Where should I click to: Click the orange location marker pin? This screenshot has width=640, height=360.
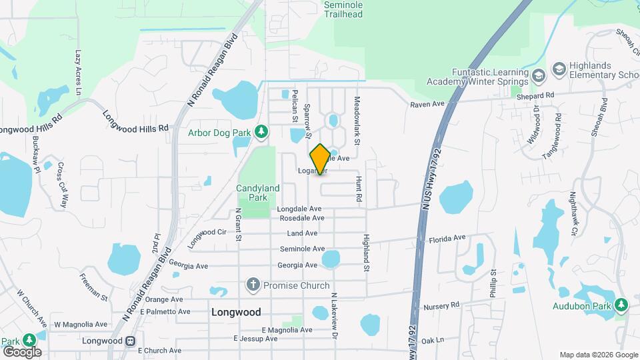coord(320,159)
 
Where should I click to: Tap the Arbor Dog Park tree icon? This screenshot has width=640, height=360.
coord(262,132)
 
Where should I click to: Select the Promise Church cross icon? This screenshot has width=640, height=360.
coord(253,285)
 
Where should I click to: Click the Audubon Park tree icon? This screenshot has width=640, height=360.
coord(621,305)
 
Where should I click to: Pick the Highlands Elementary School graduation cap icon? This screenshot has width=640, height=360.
coord(559,69)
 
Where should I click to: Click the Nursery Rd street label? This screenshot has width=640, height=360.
coord(442,305)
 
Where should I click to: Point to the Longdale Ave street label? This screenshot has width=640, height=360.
coord(299,209)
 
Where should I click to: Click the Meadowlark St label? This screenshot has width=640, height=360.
coord(357,122)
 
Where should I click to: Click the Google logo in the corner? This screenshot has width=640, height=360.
coord(22,351)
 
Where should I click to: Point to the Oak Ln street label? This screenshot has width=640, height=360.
coord(432,340)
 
